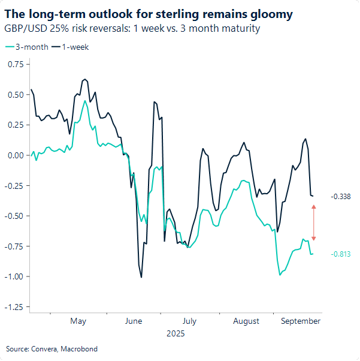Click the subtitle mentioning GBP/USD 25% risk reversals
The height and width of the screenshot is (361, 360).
coord(132,29)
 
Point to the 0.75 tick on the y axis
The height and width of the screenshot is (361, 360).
coord(16,64)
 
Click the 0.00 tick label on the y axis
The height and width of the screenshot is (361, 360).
coord(16,155)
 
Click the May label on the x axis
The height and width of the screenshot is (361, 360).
coord(78,321)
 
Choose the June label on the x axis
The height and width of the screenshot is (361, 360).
coord(134,321)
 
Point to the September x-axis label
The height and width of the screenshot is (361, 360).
coord(301,321)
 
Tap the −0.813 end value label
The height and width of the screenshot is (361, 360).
coord(340,254)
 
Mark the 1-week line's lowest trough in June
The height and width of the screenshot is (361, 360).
coord(141,276)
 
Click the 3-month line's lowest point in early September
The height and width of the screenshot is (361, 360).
coord(280,275)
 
